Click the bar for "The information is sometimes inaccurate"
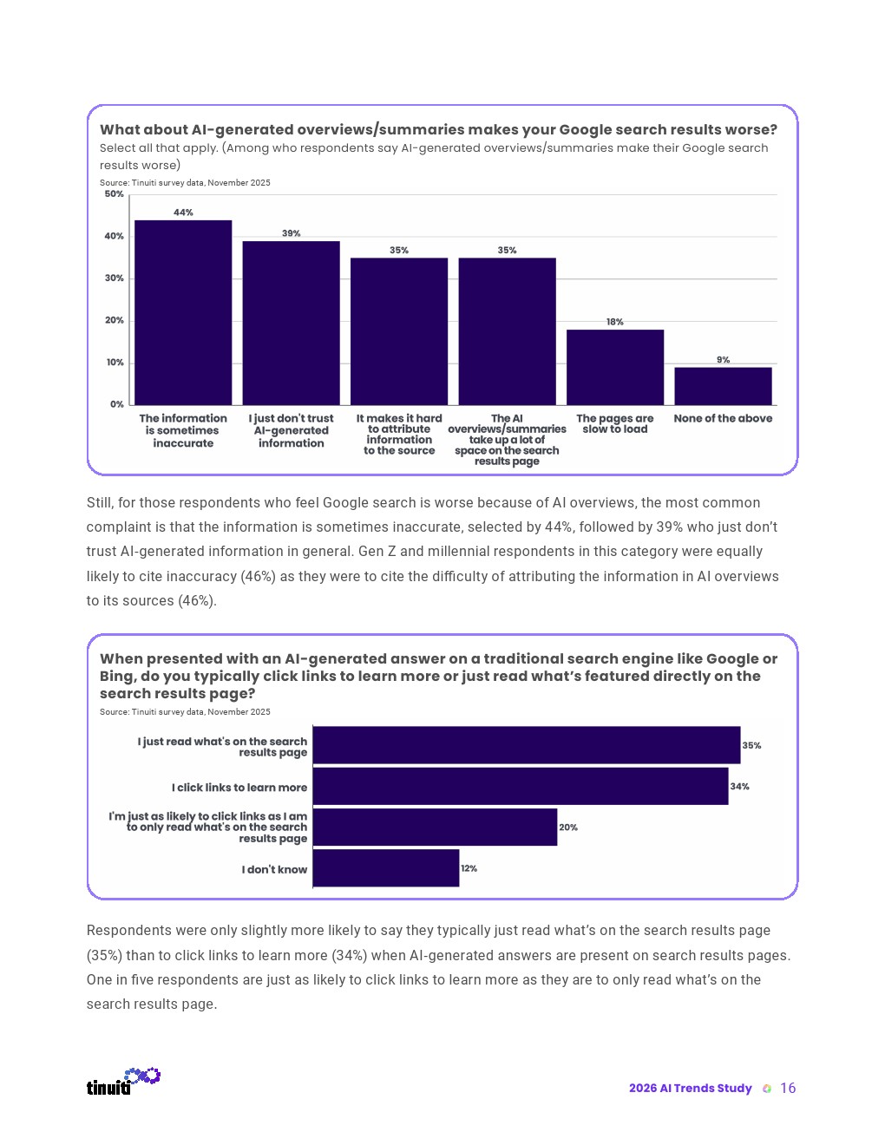[183, 312]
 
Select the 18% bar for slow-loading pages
[615, 367]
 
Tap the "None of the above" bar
[723, 386]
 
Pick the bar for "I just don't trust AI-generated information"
[291, 323]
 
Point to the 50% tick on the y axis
[115, 194]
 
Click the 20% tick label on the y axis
[115, 321]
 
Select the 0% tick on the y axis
[117, 404]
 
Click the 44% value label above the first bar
[183, 213]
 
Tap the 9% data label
[723, 360]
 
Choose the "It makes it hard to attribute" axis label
[399, 434]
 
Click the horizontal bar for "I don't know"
[385, 868]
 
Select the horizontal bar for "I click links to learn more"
[520, 786]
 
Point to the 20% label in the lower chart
[568, 828]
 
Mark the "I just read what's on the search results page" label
[223, 747]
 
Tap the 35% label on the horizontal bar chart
[751, 746]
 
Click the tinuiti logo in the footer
[122, 1082]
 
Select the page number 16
[788, 1089]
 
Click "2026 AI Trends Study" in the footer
[690, 1089]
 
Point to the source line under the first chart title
[185, 183]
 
